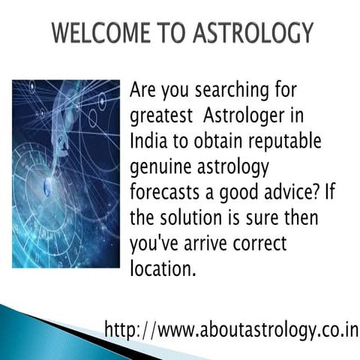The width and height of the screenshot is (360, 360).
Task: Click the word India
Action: pyautogui.click(x=148, y=144)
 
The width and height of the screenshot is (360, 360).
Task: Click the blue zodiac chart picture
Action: pyautogui.click(x=66, y=173)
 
